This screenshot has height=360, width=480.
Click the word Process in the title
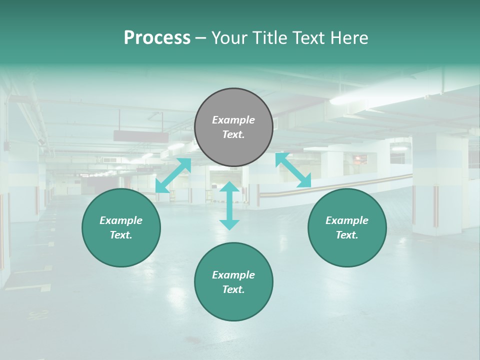(157, 38)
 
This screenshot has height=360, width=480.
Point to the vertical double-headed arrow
(229, 205)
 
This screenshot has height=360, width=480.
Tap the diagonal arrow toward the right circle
(293, 170)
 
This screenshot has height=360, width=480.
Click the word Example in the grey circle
(233, 120)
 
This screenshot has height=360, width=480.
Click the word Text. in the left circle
(121, 235)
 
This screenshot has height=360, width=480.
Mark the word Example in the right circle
(347, 220)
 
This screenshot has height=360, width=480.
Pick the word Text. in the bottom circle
(233, 289)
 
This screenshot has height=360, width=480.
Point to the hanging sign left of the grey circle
(141, 136)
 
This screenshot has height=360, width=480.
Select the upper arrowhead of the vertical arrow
(229, 187)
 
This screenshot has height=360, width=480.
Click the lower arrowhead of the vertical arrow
(229, 224)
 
